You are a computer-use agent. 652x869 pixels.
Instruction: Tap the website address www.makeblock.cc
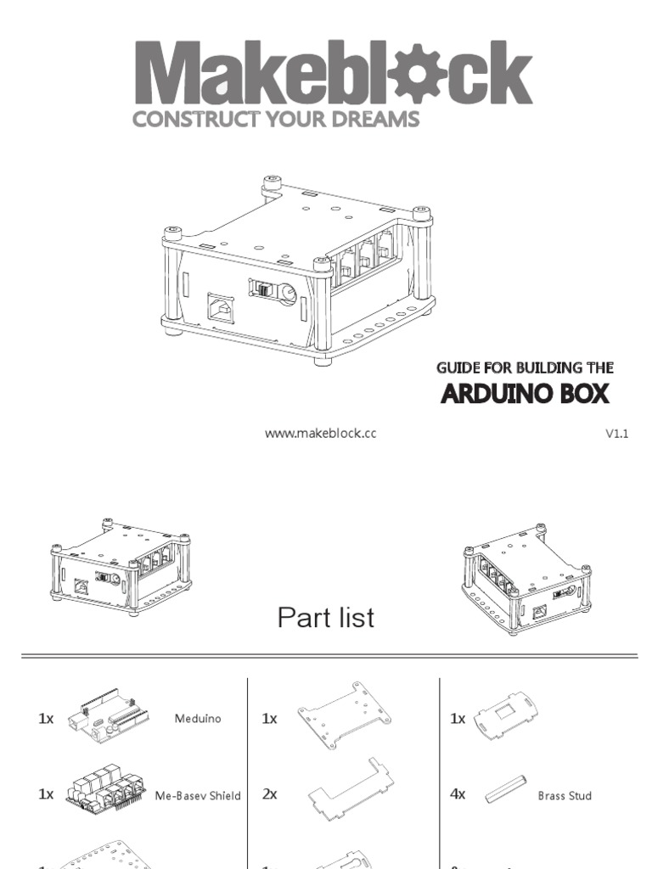click(x=320, y=434)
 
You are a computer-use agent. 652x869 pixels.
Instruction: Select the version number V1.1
click(x=616, y=434)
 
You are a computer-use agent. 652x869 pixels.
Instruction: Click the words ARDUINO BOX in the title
click(x=525, y=395)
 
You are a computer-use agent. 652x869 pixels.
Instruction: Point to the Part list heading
click(x=325, y=618)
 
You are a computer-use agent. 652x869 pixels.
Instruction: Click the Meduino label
click(x=197, y=719)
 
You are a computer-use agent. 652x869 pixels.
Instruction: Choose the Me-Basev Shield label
click(x=198, y=796)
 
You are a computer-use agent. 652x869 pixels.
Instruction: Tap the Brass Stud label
click(x=565, y=796)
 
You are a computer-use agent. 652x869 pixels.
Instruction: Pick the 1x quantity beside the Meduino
click(x=46, y=719)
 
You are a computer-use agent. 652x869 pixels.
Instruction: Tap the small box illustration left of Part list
click(x=120, y=566)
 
